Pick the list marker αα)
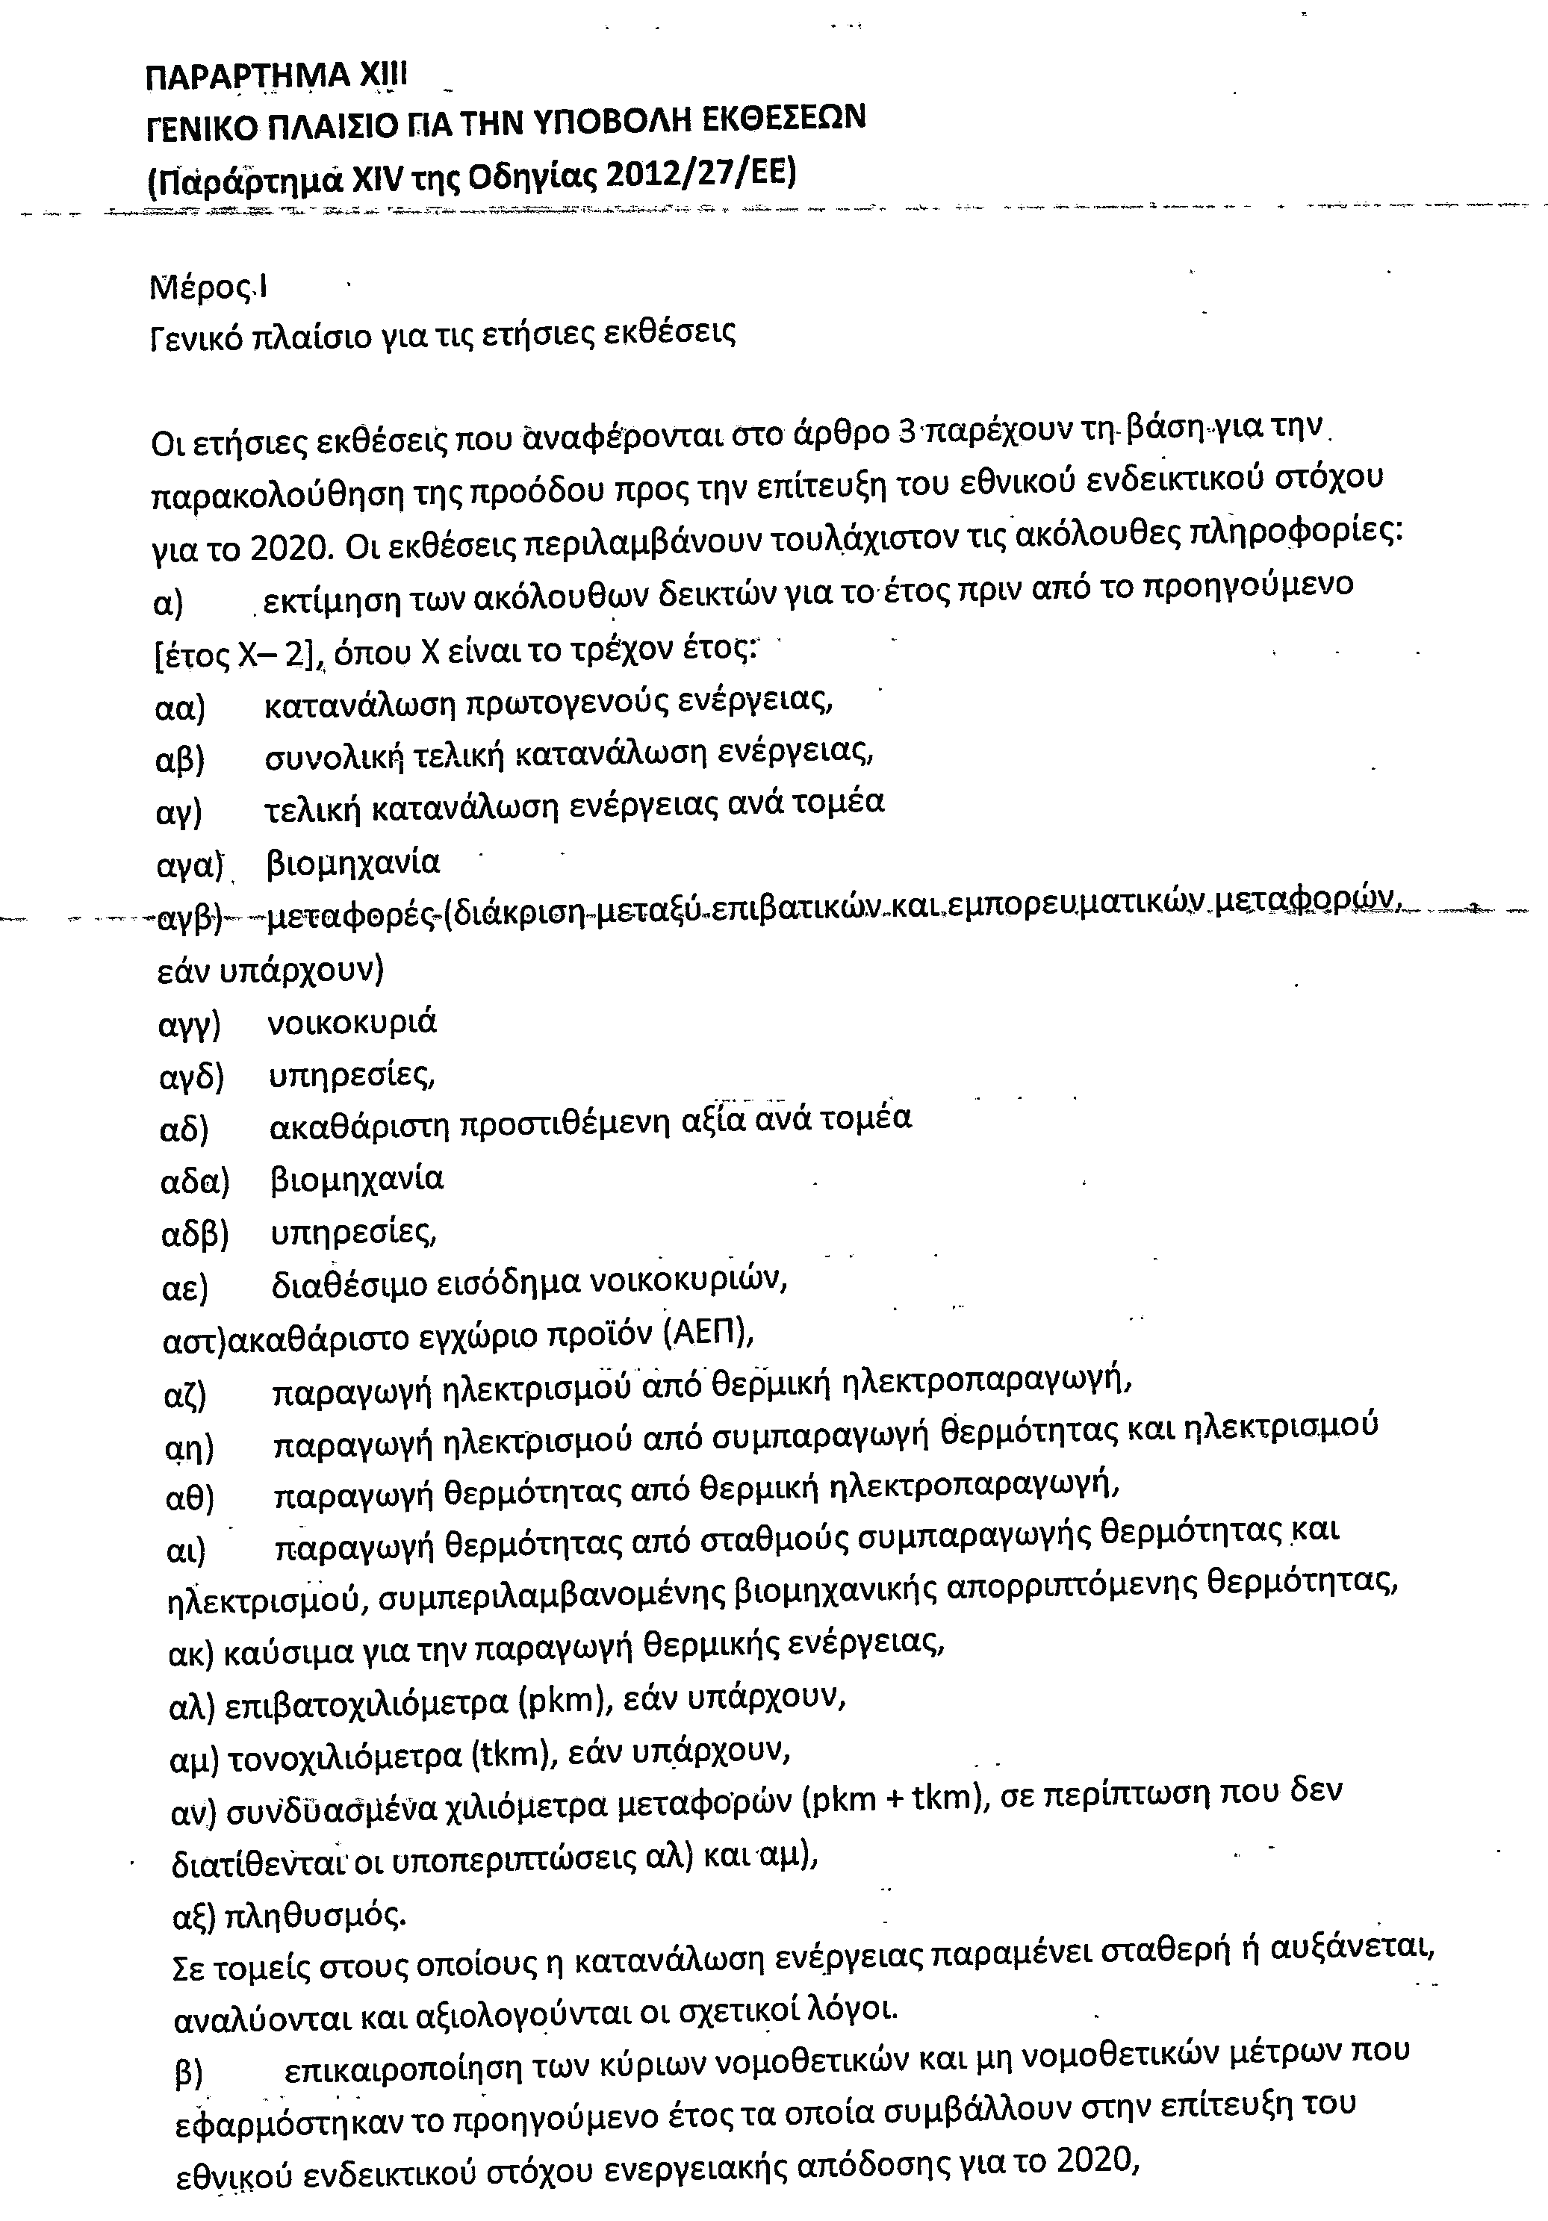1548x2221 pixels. point(180,708)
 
